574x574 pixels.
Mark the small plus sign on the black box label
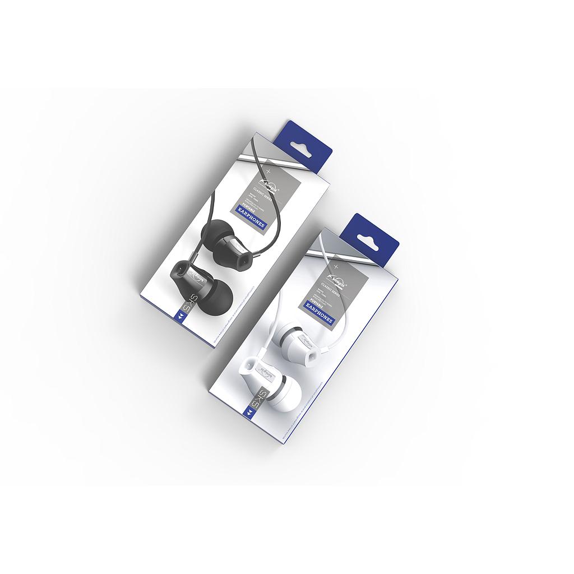(x=268, y=169)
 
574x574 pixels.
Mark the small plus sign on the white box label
(x=335, y=263)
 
